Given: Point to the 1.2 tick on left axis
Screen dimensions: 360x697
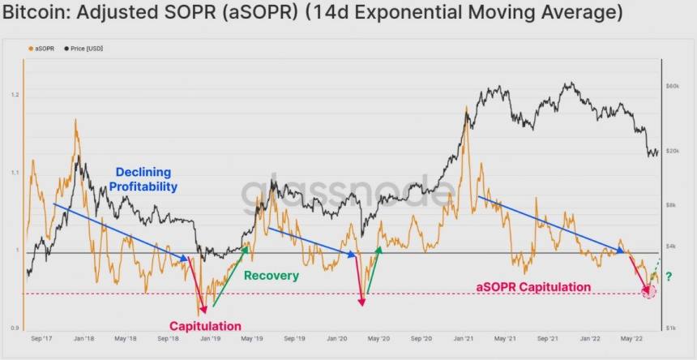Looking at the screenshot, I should (15, 95).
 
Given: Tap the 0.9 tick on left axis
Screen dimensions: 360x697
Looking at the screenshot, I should (15, 328).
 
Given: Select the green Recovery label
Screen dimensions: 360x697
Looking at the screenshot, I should (272, 276).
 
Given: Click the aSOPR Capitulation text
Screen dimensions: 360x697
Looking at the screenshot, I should (532, 287).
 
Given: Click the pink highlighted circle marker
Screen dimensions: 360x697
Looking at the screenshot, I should (649, 290).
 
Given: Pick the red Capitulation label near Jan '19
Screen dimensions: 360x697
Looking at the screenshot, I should (205, 326).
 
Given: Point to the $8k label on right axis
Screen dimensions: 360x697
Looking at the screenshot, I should (671, 205).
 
